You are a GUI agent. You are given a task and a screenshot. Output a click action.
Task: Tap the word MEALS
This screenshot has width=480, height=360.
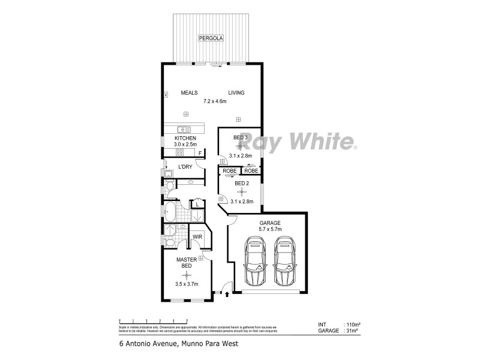point(189,93)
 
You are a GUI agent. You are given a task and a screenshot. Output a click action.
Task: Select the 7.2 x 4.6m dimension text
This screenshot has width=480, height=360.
point(214,101)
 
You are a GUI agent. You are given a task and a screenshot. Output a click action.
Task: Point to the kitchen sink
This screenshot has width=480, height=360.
point(184,129)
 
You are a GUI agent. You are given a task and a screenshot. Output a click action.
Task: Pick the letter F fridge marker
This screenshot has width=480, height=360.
point(199,153)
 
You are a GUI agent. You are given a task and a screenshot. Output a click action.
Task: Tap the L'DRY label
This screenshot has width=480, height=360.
point(185,167)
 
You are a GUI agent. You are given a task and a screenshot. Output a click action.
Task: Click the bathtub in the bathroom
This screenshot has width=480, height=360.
point(171,212)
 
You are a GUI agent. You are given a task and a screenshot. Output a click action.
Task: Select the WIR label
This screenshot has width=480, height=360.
point(197,237)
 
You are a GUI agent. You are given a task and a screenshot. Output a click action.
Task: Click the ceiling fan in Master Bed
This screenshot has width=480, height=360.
point(187,275)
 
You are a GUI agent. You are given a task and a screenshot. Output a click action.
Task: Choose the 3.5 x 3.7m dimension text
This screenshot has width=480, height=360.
point(187,284)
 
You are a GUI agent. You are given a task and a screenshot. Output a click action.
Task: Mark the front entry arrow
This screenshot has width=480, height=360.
point(226,293)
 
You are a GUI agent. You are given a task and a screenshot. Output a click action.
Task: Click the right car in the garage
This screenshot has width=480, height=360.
point(284,263)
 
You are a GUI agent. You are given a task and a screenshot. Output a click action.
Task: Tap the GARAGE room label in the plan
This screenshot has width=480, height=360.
point(270,222)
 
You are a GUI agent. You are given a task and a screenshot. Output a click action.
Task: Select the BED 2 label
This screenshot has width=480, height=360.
point(241,183)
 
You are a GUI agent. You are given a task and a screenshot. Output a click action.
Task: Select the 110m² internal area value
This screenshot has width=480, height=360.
point(351,325)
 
